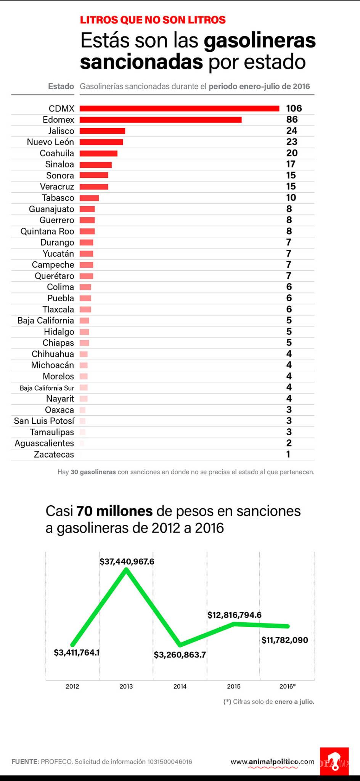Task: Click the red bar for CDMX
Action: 179,109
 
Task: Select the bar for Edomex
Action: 160,120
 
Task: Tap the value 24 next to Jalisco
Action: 292,131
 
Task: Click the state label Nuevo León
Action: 50,142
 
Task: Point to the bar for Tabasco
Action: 89,198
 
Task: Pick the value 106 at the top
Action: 294,108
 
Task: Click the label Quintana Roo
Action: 47,231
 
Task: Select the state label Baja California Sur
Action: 47,388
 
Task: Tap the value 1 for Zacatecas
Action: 288,454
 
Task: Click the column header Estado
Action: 61,86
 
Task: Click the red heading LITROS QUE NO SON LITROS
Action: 153,20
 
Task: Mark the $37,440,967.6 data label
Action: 127,561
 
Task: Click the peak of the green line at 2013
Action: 126,569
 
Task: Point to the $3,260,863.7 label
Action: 180,655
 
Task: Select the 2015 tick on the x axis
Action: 234,686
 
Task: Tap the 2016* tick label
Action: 288,686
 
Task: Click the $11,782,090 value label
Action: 284,640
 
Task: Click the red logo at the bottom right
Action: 334,761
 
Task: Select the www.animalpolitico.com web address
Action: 272,762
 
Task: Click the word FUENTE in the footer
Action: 25,762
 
